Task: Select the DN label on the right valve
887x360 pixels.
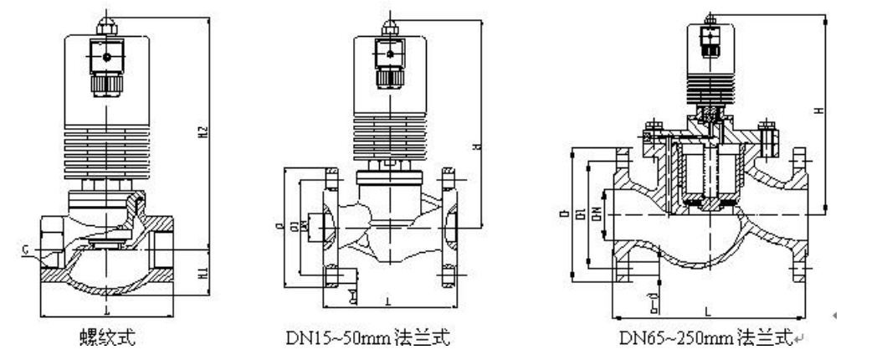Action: pos(595,214)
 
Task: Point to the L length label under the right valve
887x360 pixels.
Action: pos(708,311)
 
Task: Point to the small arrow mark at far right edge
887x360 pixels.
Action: pos(834,315)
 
